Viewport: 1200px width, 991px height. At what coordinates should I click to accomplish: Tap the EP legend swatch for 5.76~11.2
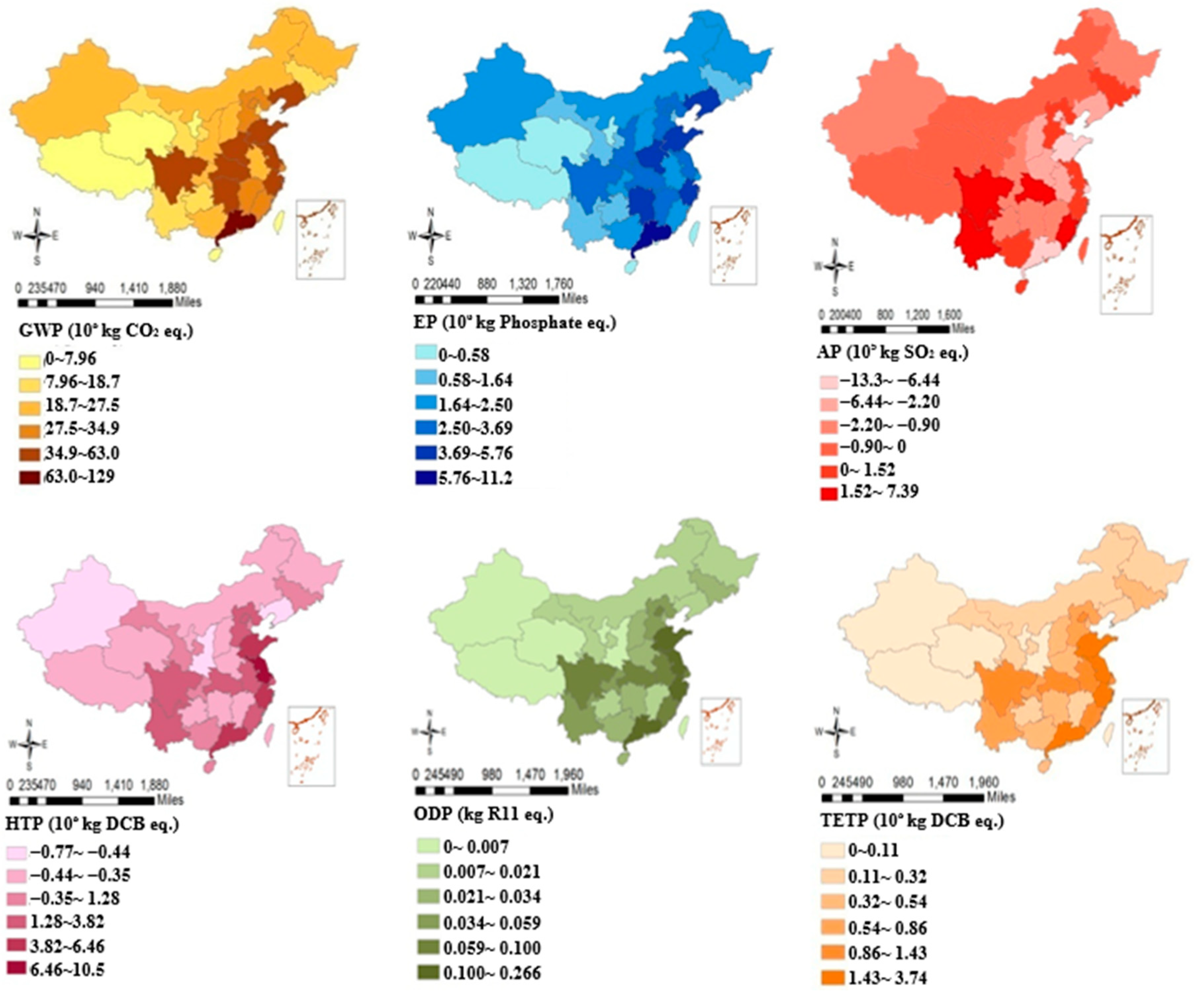(426, 478)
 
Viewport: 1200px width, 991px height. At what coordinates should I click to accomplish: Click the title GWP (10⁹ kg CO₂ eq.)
(106, 331)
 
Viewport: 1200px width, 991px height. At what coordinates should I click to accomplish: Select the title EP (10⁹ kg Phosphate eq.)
(515, 323)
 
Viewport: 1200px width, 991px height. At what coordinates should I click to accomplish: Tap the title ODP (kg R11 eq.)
(483, 815)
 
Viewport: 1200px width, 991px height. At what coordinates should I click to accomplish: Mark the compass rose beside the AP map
(835, 266)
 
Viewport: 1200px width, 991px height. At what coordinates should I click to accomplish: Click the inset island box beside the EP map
(733, 246)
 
